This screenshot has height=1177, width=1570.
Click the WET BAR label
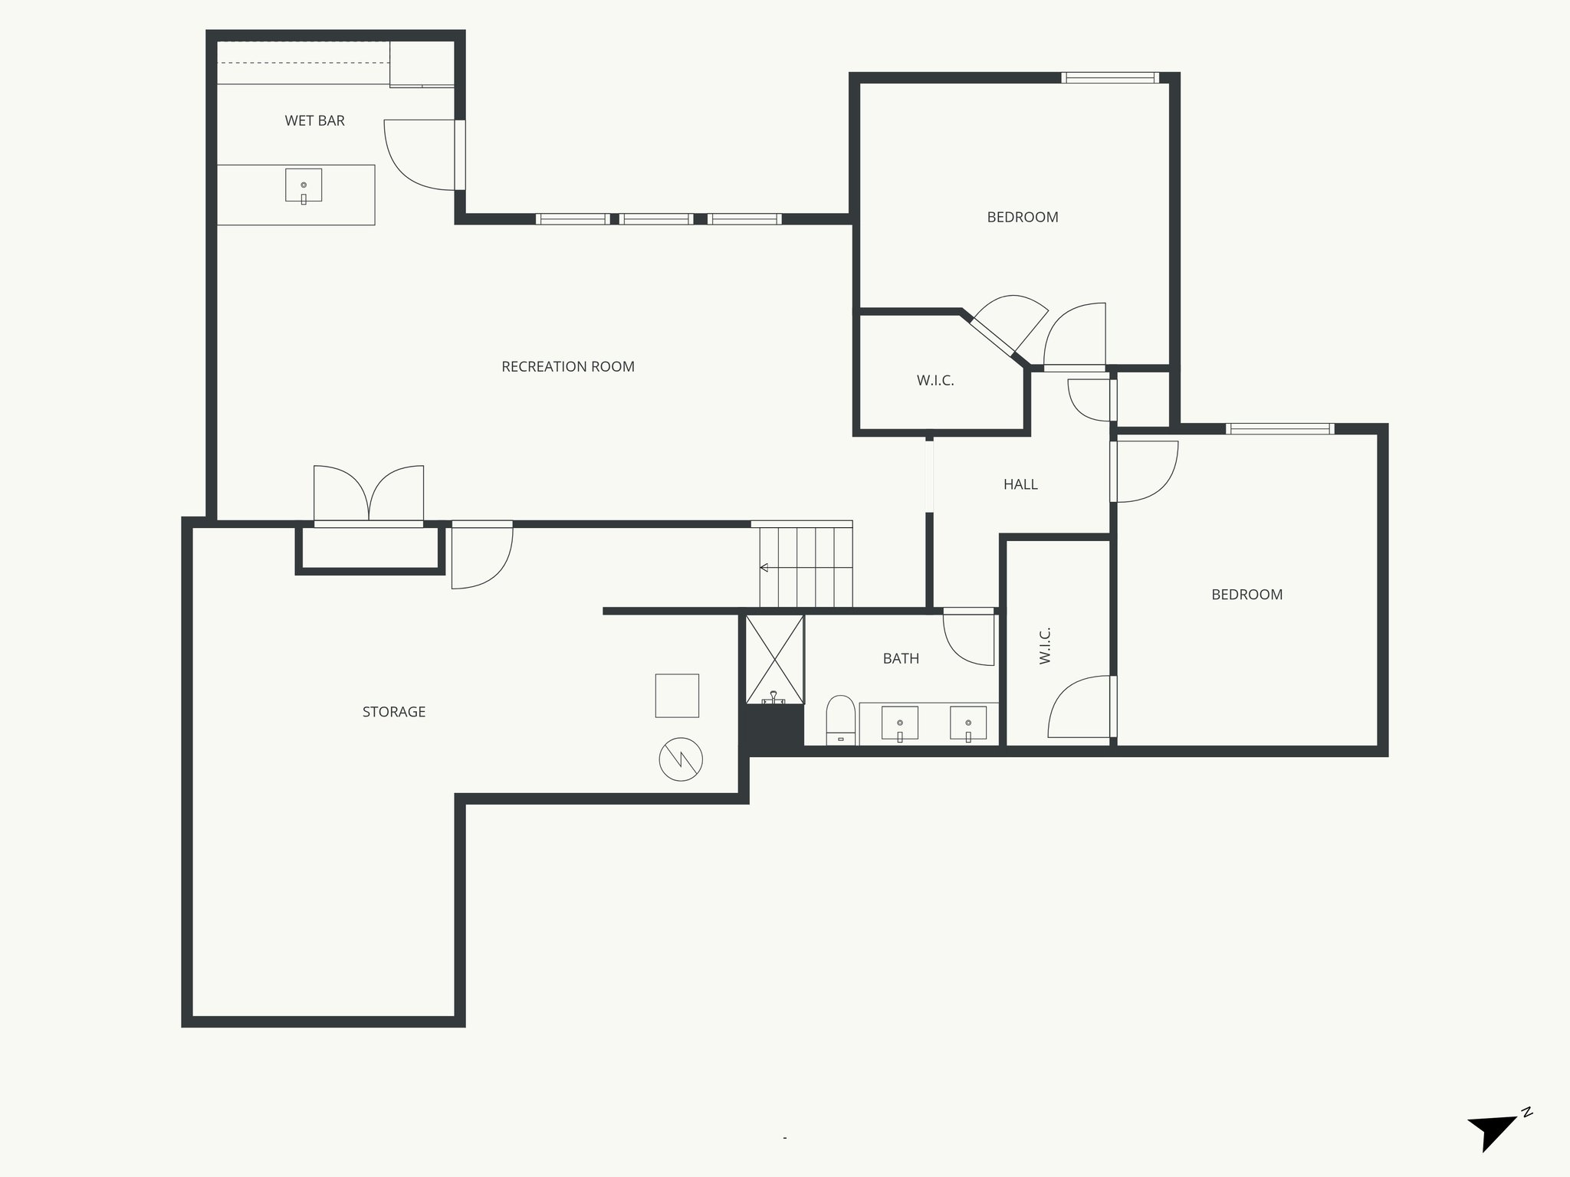tap(314, 121)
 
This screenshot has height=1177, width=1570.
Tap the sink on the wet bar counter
tap(304, 185)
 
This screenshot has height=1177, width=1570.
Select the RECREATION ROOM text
tap(567, 367)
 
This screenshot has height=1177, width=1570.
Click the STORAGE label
tap(394, 712)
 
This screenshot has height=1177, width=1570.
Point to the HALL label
tap(1020, 484)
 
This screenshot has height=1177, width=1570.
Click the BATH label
tap(901, 658)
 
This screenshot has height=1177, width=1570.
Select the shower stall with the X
tap(775, 659)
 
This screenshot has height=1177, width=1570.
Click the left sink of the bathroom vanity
tap(900, 723)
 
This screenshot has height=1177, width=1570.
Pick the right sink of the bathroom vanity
tap(968, 723)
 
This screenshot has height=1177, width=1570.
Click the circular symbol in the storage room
tap(681, 759)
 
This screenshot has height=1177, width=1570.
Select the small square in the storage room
tap(677, 696)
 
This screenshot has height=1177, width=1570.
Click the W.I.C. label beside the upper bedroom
tap(935, 380)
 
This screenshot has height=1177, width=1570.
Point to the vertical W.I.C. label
tap(1045, 645)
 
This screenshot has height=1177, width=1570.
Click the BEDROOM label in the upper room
tap(1023, 218)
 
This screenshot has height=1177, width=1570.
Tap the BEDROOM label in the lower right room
tap(1246, 595)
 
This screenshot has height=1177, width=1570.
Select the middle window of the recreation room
tap(656, 218)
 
